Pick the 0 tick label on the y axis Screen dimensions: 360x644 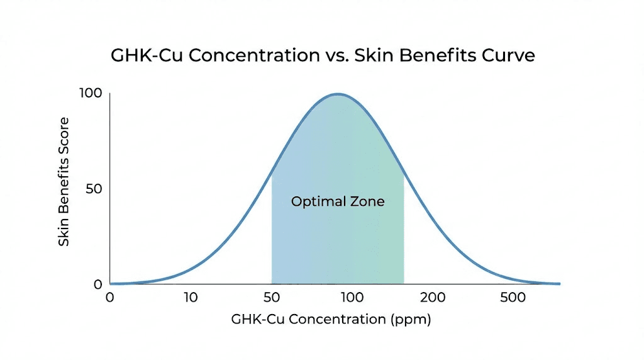[x=97, y=284]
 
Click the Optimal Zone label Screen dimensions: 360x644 [x=337, y=202]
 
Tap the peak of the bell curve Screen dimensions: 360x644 [x=338, y=94]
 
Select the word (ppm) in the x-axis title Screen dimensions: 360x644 [x=411, y=319]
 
